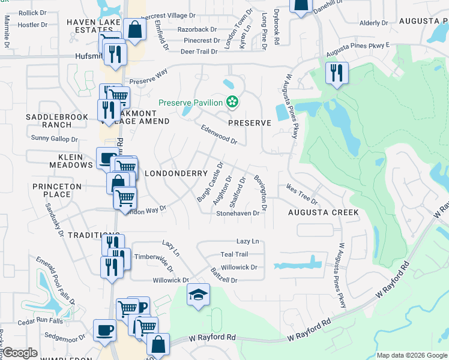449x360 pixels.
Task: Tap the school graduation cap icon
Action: pos(198,294)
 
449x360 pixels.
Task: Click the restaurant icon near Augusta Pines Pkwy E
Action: pos(337,73)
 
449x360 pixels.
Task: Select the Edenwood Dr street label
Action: pos(219,134)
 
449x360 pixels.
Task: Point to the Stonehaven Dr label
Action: pos(238,213)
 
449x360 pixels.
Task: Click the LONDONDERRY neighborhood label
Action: pos(176,173)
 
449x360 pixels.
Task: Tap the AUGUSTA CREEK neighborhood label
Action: pos(323,212)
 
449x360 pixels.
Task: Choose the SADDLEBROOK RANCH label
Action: pos(49,120)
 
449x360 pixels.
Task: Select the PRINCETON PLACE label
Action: pos(57,191)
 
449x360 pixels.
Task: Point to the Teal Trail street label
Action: pos(234,254)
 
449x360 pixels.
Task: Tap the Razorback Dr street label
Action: pos(196,29)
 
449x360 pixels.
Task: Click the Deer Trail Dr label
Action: pos(199,52)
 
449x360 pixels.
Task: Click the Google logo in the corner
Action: pos(20,353)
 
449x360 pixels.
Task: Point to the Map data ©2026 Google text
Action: pos(411,355)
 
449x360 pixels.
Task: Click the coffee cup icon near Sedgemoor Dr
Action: pos(105,329)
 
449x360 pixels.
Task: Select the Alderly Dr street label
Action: pos(373,23)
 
